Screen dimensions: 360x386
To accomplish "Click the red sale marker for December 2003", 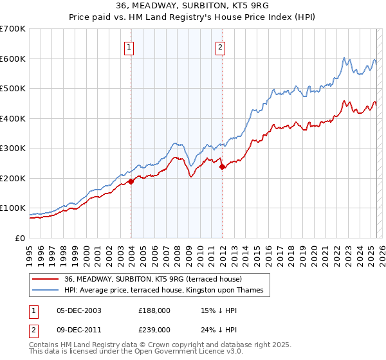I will click(131, 181).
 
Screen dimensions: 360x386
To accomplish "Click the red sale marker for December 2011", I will click(223, 166).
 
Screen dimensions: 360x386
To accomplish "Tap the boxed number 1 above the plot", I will click(130, 46).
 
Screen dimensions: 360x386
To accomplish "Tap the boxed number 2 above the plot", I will click(221, 46).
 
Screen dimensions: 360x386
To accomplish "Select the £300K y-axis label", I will click(14, 148).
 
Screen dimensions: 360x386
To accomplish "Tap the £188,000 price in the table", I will click(154, 310).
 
